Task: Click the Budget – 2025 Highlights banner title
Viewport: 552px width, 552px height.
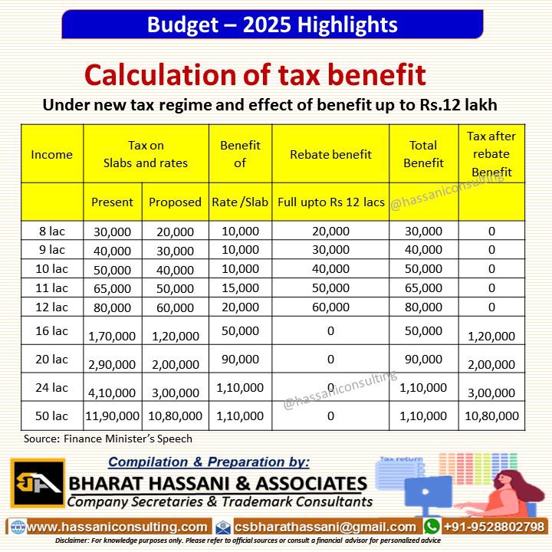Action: [272, 25]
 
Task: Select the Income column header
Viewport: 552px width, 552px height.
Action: [51, 154]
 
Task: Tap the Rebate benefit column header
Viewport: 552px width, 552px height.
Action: [330, 154]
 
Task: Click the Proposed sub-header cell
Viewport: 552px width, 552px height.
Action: [174, 202]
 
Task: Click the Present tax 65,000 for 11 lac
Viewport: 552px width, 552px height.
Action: [112, 289]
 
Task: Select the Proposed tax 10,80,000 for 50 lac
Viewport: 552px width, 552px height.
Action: [175, 416]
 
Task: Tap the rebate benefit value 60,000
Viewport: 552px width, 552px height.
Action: [331, 307]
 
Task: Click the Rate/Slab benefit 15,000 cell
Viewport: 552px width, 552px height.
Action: [239, 288]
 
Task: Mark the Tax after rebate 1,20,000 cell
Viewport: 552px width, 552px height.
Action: [491, 336]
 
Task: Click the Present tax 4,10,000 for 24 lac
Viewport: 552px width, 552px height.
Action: [112, 393]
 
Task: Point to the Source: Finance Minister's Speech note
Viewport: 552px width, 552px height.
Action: [107, 439]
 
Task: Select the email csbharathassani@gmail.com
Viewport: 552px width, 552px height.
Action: [326, 527]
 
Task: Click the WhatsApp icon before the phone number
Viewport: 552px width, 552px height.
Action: [432, 527]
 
